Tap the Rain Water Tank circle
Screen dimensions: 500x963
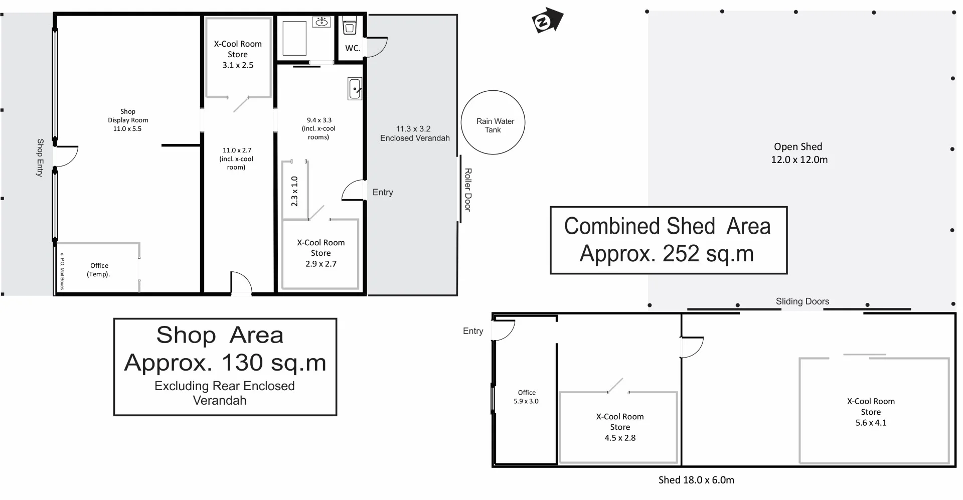coord(493,122)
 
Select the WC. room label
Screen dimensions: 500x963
coord(353,48)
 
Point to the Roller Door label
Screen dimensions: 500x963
coord(467,190)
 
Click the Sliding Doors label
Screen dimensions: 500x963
coord(802,301)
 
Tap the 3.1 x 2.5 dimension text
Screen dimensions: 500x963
coord(238,65)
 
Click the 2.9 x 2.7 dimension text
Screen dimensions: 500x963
coord(321,264)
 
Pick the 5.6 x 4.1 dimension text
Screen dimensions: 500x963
coord(871,423)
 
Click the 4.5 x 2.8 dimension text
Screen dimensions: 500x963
coord(620,438)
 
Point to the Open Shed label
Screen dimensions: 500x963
coord(798,147)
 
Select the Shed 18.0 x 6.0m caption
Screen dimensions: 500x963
coord(696,480)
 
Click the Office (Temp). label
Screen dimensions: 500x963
coord(99,270)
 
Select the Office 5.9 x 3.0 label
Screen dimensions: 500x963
coord(526,397)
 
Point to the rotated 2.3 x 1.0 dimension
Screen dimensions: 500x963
coord(294,191)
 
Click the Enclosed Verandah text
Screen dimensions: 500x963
coord(415,138)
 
